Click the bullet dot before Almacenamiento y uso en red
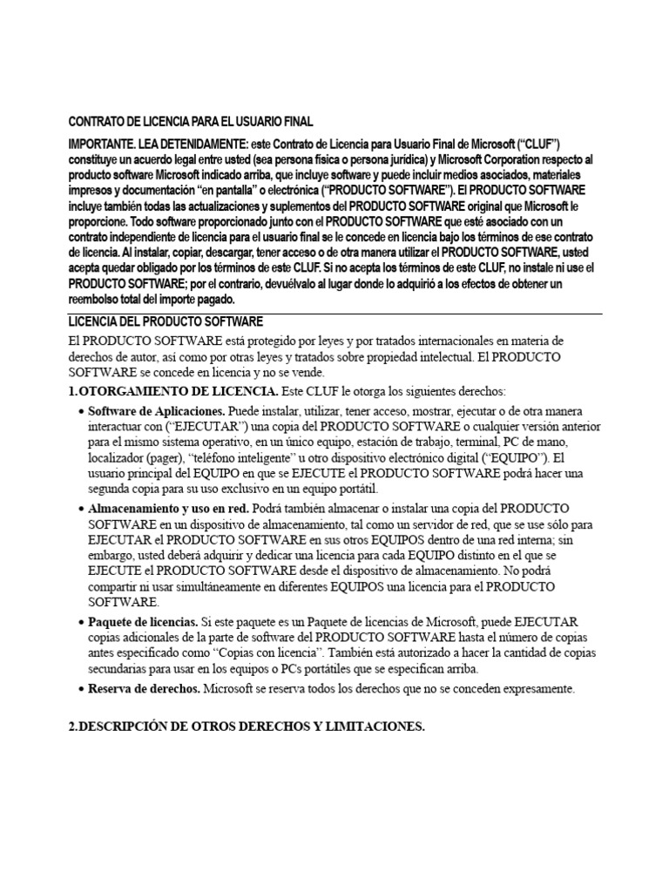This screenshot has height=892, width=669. tap(81, 507)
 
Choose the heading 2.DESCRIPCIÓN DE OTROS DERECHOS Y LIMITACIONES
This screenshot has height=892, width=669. tap(247, 726)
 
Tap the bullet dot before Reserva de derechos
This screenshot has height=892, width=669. tap(81, 688)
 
